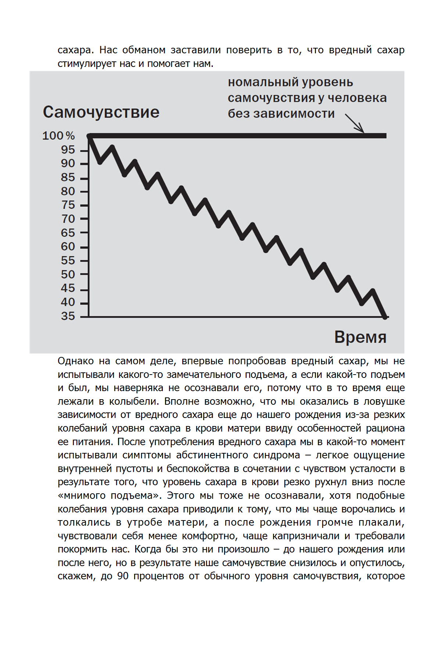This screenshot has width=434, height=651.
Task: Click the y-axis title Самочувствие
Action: pyautogui.click(x=101, y=112)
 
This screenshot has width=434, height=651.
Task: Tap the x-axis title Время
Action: pyautogui.click(x=360, y=337)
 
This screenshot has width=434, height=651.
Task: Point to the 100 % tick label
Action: pyautogui.click(x=58, y=136)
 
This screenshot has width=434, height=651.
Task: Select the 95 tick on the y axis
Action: pyautogui.click(x=68, y=150)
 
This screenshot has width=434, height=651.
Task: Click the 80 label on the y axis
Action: pyautogui.click(x=68, y=192)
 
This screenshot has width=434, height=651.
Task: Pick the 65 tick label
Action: pyautogui.click(x=68, y=233)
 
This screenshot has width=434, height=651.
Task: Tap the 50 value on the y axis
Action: pyautogui.click(x=68, y=275)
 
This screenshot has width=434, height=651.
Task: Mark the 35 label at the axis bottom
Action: pyautogui.click(x=68, y=316)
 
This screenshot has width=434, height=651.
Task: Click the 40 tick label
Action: pyautogui.click(x=68, y=302)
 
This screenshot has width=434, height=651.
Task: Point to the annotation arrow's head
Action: pyautogui.click(x=363, y=131)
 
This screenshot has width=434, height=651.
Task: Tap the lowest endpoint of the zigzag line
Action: pyautogui.click(x=385, y=316)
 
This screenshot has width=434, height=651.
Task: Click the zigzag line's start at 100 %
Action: pyautogui.click(x=90, y=136)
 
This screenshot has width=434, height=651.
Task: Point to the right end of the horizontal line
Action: pyautogui.click(x=385, y=136)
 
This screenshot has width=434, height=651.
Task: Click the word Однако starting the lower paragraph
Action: pyautogui.click(x=75, y=361)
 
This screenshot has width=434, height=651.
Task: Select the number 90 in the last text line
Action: pyautogui.click(x=123, y=576)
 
